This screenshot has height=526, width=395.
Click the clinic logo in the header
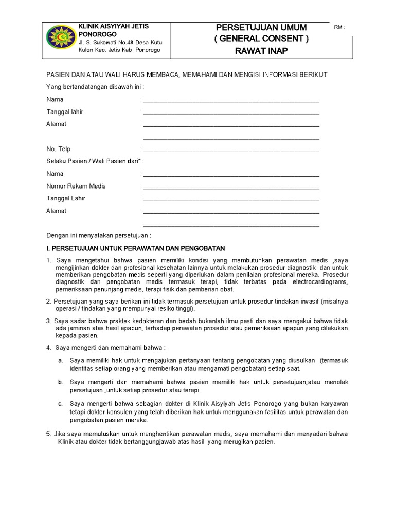point(60,39)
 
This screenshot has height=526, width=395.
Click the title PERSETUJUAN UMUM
point(261,27)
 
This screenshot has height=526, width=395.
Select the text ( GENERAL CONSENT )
point(261,39)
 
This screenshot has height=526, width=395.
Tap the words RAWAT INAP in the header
point(261,50)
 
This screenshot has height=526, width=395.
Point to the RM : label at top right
point(339,27)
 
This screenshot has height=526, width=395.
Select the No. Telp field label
point(58,149)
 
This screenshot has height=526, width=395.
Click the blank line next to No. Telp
point(231,150)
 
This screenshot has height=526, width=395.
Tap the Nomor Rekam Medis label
point(76,186)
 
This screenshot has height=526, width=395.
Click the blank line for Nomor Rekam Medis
point(231,187)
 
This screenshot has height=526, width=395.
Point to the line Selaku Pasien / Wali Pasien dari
point(95,161)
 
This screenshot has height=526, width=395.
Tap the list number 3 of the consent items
point(48,321)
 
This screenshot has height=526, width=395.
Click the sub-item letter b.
point(60,382)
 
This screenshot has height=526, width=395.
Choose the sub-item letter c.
point(60,404)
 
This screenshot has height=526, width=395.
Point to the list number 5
point(48,434)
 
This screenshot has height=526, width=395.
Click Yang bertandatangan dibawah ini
point(95,87)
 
